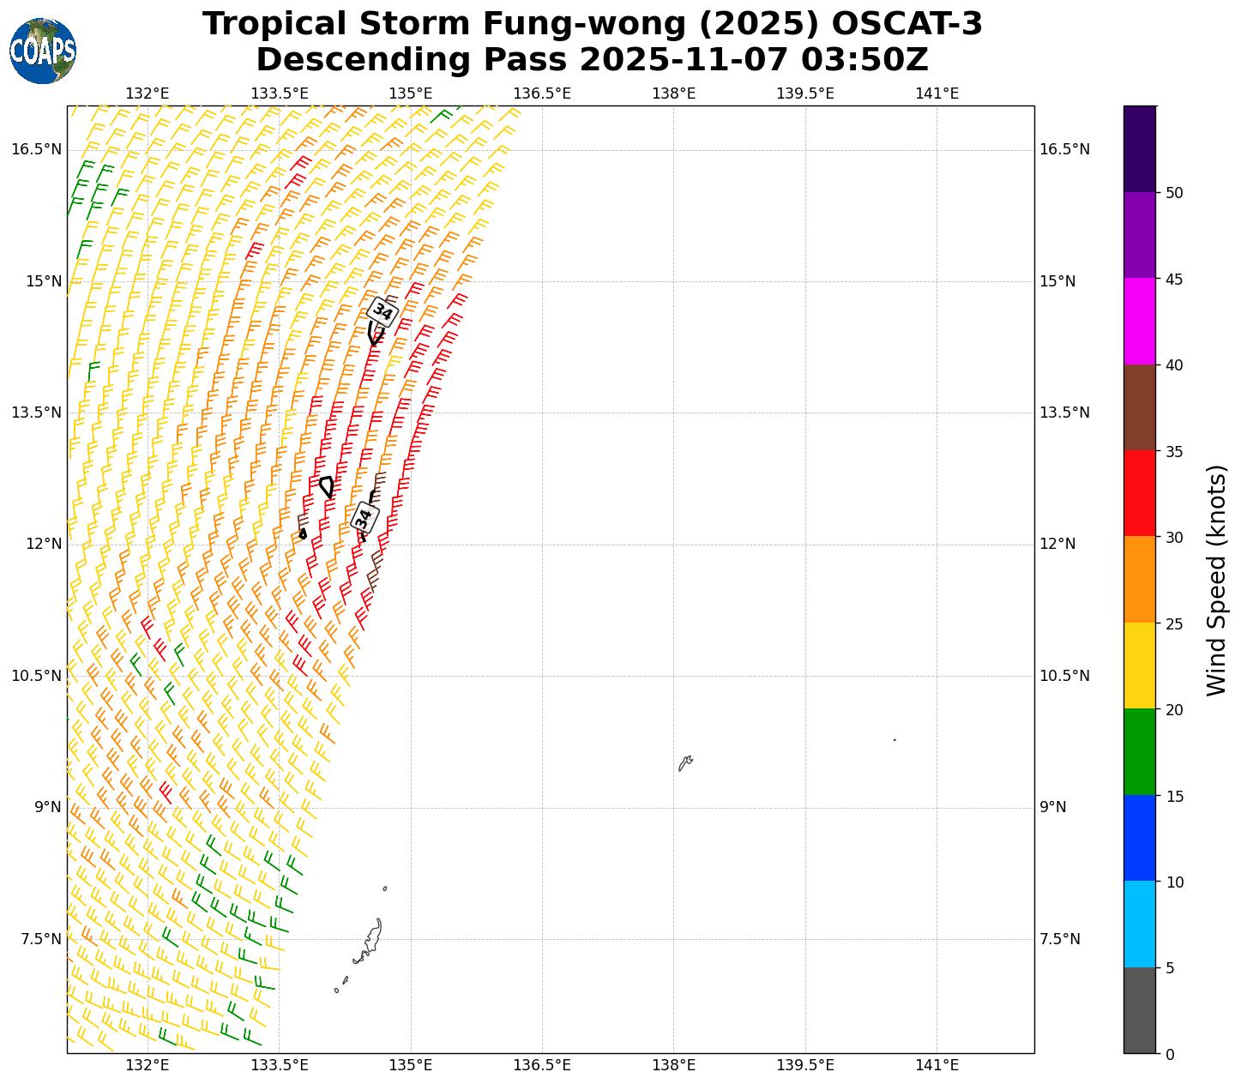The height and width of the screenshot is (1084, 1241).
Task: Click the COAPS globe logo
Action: (43, 51)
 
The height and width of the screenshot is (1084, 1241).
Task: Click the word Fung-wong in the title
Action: (585, 24)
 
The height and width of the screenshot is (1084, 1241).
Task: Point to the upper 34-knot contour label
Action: (383, 311)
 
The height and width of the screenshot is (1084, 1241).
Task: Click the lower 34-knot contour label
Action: (364, 517)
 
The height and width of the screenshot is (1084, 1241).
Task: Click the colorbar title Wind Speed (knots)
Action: (1216, 581)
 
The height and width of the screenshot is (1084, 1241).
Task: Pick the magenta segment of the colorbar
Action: (1140, 322)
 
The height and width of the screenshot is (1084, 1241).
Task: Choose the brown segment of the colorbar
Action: (1140, 407)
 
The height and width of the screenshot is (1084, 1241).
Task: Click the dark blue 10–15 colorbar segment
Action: (1140, 838)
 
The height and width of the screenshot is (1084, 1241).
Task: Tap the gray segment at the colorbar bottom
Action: (1140, 1010)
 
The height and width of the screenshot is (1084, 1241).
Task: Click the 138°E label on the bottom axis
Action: (673, 1065)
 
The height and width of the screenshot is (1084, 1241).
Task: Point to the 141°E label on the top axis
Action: (937, 93)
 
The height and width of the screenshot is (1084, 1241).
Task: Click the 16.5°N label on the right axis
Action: (1064, 150)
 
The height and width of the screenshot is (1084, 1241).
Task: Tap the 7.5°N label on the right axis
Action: (1059, 939)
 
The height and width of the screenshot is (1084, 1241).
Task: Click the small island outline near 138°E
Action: (685, 762)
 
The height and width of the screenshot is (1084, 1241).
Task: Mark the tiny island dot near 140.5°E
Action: (895, 740)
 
